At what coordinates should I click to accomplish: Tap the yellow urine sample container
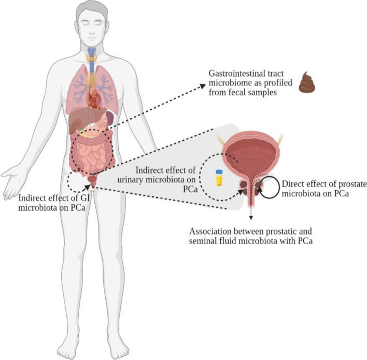[x=219, y=178]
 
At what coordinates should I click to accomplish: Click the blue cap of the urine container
[x=219, y=172]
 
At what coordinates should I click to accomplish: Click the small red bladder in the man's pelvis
[x=92, y=180]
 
